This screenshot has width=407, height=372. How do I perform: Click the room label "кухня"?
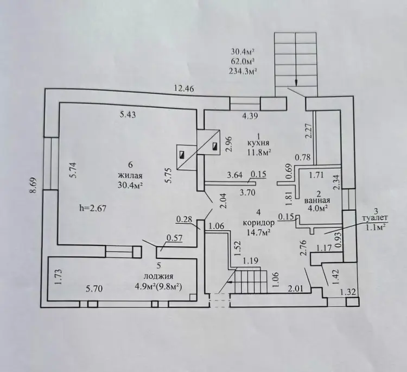coord(258,143)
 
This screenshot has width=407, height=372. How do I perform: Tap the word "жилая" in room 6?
coord(130,175)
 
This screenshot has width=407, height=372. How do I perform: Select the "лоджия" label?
coord(159,276)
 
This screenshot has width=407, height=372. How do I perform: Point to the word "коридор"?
coord(258,223)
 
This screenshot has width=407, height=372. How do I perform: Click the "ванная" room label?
coord(317,200)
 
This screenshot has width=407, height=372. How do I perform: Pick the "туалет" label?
coord(375,218)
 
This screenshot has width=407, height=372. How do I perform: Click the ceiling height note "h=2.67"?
coord(93,208)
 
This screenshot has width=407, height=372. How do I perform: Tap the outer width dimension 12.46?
coord(184,89)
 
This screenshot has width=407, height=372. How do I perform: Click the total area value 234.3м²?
coord(243,71)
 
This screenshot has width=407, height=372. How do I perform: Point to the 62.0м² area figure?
coord(242,61)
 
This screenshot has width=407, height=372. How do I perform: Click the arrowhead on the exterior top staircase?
coord(296,83)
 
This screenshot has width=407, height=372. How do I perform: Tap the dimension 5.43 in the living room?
coord(128,114)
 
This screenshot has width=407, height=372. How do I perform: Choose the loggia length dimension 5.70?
coord(94,288)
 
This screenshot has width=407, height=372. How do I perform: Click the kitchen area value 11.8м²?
coord(259,152)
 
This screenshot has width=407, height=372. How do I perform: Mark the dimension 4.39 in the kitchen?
coord(250,116)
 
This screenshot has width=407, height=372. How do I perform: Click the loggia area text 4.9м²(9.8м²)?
coord(158,287)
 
